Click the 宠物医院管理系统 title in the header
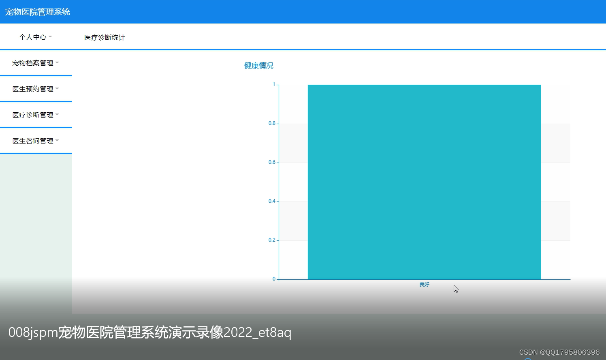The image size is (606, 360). tap(38, 12)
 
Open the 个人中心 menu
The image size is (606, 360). tap(33, 37)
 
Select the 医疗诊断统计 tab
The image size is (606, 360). tap(105, 37)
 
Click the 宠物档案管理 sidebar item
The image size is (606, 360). tap(33, 63)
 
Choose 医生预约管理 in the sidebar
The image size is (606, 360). tap(33, 89)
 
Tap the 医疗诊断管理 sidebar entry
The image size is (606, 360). tap(33, 115)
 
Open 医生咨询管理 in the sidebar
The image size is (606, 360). tap(33, 141)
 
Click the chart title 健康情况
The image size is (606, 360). tap(259, 66)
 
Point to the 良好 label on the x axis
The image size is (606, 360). tap(424, 285)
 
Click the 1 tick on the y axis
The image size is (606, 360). tap(274, 84)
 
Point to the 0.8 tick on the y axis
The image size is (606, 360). tap(272, 123)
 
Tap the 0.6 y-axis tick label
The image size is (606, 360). tap(272, 162)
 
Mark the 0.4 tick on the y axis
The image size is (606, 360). tap(272, 201)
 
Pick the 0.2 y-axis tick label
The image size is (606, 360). tap(272, 240)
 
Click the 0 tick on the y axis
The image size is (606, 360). tap(274, 279)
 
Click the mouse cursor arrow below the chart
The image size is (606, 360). tap(456, 289)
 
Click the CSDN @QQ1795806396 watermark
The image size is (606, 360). tap(559, 352)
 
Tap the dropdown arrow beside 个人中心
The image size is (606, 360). tap(50, 37)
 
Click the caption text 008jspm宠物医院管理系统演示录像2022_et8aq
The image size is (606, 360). tap(150, 332)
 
